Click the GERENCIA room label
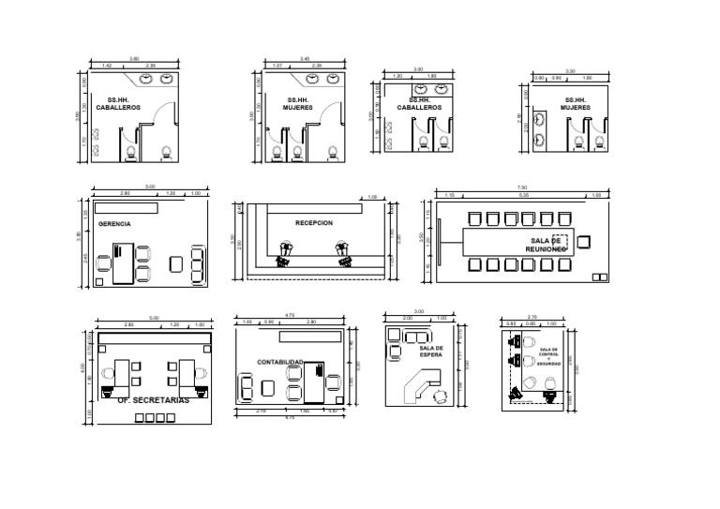click(114, 224)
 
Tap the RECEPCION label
click(314, 223)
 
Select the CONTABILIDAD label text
click(280, 361)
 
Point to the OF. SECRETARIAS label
click(154, 400)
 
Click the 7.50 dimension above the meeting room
click(522, 188)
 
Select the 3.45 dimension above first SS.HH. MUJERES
click(305, 59)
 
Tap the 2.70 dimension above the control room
click(532, 317)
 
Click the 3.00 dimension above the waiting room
click(419, 311)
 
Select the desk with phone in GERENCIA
click(123, 263)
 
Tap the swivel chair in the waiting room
click(439, 397)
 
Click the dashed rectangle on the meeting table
click(561, 241)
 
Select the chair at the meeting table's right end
click(584, 241)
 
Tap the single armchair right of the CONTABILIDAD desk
click(334, 380)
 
